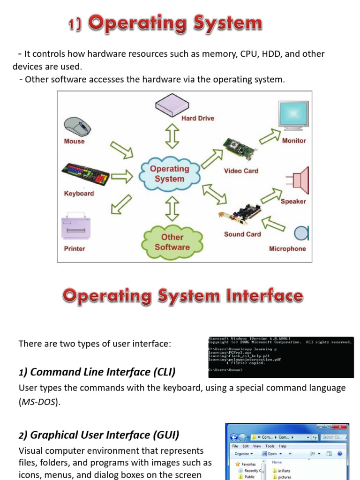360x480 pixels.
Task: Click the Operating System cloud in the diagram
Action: point(169,174)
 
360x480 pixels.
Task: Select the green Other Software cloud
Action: point(172,242)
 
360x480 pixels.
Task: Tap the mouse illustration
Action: point(77,126)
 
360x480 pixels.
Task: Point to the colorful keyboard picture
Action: point(85,175)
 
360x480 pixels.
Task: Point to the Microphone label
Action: point(287,249)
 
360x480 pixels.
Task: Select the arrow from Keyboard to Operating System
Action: point(121,177)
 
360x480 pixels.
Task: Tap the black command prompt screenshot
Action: point(281,357)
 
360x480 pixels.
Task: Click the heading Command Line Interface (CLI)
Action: point(97,372)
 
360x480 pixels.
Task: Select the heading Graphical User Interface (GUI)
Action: point(99,435)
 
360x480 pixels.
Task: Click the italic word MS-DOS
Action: point(38,403)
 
